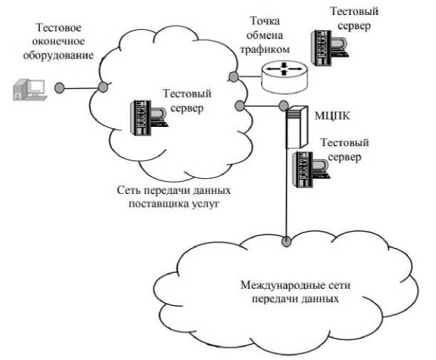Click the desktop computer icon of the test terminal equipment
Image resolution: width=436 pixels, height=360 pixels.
pyautogui.click(x=29, y=91)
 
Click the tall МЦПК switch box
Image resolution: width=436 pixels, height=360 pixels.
pyautogui.click(x=295, y=127)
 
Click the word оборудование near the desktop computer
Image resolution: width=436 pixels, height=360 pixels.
pyautogui.click(x=64, y=54)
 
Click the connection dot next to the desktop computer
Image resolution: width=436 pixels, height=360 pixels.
pyautogui.click(x=60, y=88)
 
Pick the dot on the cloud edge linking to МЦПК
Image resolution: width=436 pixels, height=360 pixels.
pyautogui.click(x=240, y=107)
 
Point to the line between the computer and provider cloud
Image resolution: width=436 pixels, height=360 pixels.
pyautogui.click(x=81, y=88)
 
